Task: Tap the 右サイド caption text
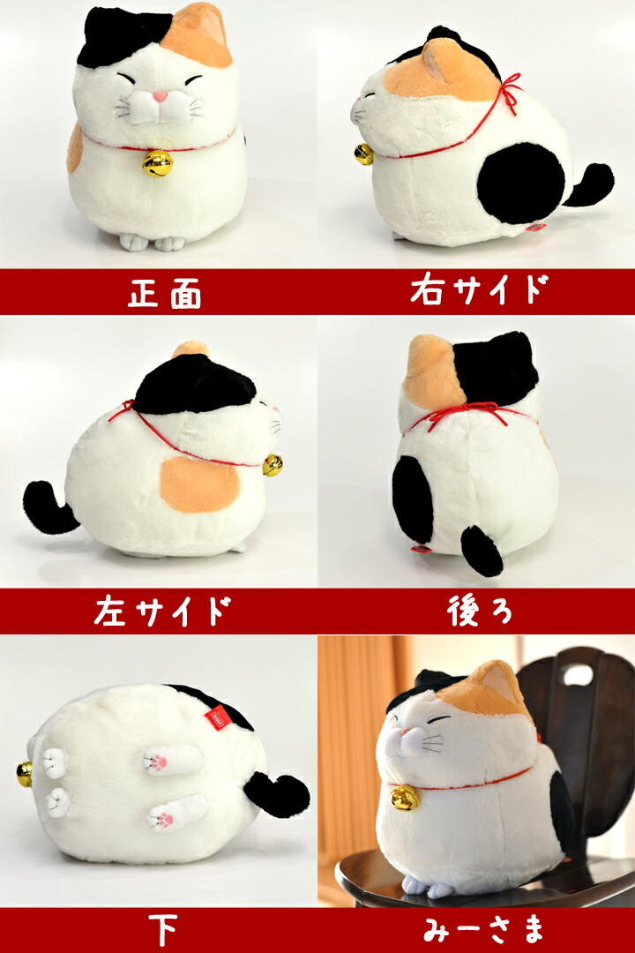click(x=479, y=291)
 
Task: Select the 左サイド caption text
click(x=162, y=612)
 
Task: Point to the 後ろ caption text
click(x=479, y=612)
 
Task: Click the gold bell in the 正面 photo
click(x=158, y=163)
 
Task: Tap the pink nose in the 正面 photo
click(x=159, y=96)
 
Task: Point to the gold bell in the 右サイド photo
click(x=363, y=154)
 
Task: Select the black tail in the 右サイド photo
click(x=591, y=184)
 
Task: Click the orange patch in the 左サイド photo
click(x=198, y=484)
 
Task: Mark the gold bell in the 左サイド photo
click(x=273, y=465)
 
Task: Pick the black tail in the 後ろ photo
click(x=482, y=551)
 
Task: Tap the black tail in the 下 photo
click(x=276, y=792)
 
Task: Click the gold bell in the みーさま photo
click(x=405, y=798)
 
